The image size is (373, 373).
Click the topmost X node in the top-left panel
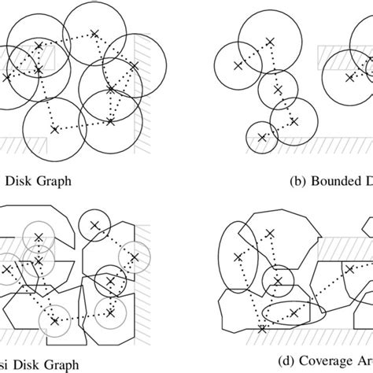(94, 33)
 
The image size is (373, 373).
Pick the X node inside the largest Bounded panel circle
(270, 39)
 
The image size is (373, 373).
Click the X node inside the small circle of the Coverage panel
(278, 280)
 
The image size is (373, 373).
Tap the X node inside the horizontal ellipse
(294, 314)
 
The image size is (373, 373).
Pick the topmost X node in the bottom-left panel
(94, 225)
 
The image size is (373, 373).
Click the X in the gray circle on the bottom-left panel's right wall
(135, 257)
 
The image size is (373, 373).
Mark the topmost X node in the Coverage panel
(270, 234)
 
